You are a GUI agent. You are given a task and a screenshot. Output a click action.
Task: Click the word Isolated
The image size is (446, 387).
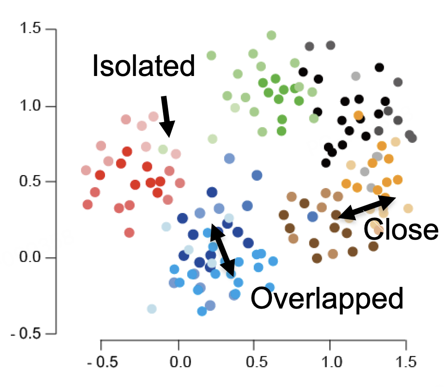point(143,66)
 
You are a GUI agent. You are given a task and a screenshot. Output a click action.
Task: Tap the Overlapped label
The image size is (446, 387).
point(327,298)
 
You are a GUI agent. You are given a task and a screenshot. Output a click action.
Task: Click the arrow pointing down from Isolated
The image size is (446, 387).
point(167,116)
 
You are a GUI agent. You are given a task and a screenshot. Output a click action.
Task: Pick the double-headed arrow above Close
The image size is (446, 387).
point(366,208)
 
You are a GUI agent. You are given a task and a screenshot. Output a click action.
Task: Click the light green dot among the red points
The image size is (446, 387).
point(163,149)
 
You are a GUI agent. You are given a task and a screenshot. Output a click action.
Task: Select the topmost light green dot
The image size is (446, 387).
point(271,35)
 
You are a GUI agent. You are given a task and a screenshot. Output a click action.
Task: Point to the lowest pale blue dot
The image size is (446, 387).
point(152,309)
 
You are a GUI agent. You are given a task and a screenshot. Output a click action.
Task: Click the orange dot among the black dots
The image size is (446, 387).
point(358,115)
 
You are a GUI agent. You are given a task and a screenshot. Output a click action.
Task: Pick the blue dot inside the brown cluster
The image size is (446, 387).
point(313,216)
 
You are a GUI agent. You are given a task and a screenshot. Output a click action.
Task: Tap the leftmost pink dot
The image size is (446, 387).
point(86,170)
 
